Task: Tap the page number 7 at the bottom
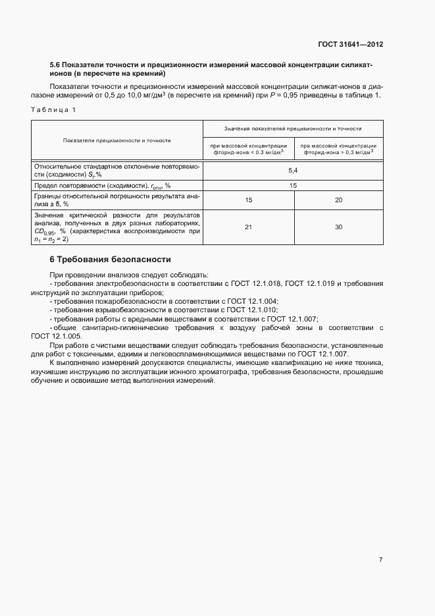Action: tap(380, 559)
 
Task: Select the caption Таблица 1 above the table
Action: tap(53, 109)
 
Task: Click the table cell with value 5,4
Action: tap(294, 170)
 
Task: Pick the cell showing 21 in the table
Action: tap(248, 227)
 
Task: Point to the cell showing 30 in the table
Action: tap(338, 227)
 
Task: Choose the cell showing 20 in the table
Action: tap(338, 200)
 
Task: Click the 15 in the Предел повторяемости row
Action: tap(294, 185)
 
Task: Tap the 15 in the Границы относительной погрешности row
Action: tap(248, 200)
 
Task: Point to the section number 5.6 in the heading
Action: tap(55, 65)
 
